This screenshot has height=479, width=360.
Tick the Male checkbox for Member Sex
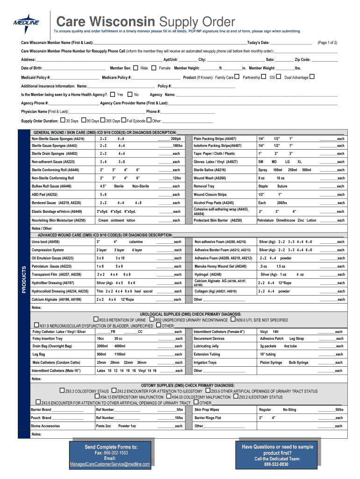click(136, 68)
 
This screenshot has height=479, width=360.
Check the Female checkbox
click(154, 68)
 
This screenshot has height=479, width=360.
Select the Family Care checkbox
click(237, 77)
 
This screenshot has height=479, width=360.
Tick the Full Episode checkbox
click(124, 121)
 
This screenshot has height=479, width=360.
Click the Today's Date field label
click(258, 43)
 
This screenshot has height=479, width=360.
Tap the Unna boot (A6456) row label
click(45, 242)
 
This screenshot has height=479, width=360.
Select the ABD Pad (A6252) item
click(44, 194)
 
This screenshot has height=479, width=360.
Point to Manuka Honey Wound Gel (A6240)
click(220, 266)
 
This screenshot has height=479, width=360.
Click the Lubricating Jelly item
click(206, 346)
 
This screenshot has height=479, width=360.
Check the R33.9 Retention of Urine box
click(96, 319)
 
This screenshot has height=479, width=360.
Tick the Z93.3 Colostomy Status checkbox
click(62, 391)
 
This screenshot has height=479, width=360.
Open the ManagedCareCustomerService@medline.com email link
click(110, 464)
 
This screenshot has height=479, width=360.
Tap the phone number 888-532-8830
click(277, 464)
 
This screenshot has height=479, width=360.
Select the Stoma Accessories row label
click(45, 426)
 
